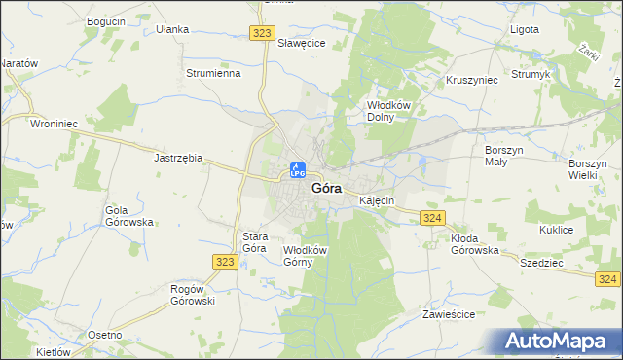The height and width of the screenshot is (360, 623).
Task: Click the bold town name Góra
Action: click(x=326, y=189)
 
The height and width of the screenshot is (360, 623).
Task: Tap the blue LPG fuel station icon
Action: click(x=298, y=170)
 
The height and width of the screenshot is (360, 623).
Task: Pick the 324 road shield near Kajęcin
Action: click(x=434, y=218)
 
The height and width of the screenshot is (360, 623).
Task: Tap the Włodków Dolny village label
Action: click(x=387, y=111)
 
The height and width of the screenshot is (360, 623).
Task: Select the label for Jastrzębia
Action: click(x=178, y=157)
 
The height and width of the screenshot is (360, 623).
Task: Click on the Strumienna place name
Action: click(x=213, y=73)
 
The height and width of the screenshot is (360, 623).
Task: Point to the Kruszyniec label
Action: click(x=471, y=80)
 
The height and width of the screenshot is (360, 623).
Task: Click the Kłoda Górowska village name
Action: click(x=474, y=244)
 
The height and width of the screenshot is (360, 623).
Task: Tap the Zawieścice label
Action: click(x=448, y=315)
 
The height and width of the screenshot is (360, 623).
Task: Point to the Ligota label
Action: click(x=525, y=29)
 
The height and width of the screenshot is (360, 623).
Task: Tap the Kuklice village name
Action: click(x=556, y=231)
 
